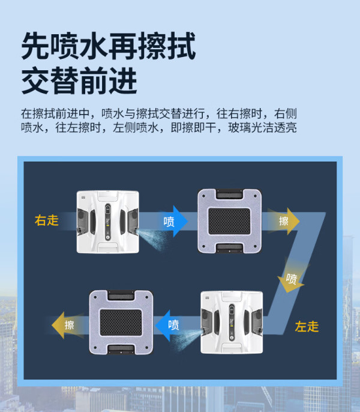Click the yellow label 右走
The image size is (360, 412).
tap(46, 220)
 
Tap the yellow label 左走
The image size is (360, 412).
tap(307, 327)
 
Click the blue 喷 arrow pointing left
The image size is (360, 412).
tap(170, 326)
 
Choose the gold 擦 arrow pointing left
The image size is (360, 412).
tap(68, 325)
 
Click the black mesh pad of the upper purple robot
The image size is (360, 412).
tap(229, 221)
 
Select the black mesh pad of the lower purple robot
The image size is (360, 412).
tap(121, 323)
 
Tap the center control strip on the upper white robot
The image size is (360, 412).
tap(107, 222)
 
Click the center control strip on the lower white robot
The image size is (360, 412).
tap(232, 322)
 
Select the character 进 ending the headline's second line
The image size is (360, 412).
tap(123, 80)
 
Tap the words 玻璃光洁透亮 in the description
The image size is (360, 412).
tap(263, 128)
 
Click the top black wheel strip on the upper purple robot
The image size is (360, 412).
tap(229, 194)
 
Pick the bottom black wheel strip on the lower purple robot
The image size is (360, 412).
tap(121, 349)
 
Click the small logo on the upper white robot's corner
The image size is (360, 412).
tap(84, 196)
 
